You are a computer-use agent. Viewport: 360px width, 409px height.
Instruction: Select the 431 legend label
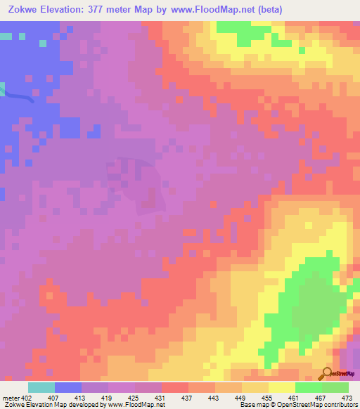[161, 398]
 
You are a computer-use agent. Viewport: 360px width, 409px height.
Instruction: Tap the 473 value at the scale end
[347, 398]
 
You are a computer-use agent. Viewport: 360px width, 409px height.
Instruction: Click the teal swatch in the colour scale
[41, 387]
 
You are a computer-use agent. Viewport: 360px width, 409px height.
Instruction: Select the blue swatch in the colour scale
[68, 387]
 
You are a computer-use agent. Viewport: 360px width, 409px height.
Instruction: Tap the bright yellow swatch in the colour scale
[281, 387]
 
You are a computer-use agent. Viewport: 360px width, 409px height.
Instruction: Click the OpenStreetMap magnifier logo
[327, 373]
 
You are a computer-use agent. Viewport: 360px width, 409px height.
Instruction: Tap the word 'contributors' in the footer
[339, 405]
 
